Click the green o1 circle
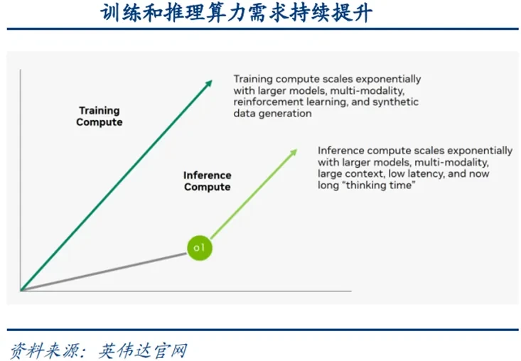click(x=199, y=248)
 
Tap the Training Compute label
click(x=100, y=117)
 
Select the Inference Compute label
click(x=208, y=181)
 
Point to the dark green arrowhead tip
click(x=212, y=80)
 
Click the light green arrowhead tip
click(x=296, y=150)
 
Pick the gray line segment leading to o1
click(x=104, y=272)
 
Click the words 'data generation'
click(x=272, y=114)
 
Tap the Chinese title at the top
click(x=236, y=14)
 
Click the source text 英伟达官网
click(x=143, y=351)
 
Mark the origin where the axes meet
click(x=21, y=291)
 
